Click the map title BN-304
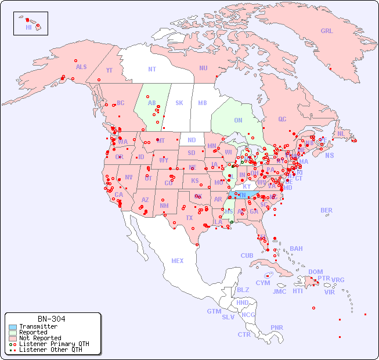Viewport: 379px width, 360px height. point(51,319)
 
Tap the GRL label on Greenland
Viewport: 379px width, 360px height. point(327,31)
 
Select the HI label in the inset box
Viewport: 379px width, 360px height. point(28,27)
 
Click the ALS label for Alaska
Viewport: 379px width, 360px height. point(81,67)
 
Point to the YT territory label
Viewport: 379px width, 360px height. point(109,70)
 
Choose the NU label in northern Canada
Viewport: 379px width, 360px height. point(203,68)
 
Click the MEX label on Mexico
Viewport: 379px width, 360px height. point(178,261)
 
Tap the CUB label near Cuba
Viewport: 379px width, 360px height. point(247,255)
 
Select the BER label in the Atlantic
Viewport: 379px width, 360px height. point(326,210)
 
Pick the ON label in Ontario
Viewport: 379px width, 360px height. point(238,120)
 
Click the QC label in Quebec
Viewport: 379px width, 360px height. point(282,119)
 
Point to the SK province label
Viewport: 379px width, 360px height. point(179,103)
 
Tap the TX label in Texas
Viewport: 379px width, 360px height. point(189,218)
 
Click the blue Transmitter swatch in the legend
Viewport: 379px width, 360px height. point(12,327)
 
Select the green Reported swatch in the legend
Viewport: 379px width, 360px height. point(12,333)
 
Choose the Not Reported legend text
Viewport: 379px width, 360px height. point(40,338)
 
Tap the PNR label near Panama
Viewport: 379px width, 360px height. point(277,327)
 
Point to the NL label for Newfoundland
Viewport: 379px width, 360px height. point(341,133)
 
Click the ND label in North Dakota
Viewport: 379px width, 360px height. point(192,140)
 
